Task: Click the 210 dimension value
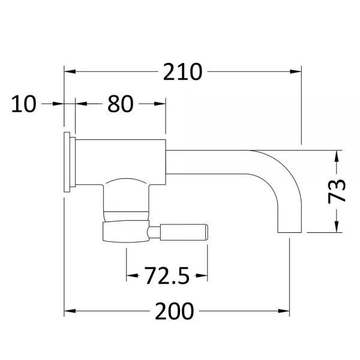pos(183,71)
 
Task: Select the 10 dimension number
pos(23,104)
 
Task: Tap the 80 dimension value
pos(121,104)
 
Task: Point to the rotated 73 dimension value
pos(337,191)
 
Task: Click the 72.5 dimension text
pos(167,275)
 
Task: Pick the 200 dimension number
pos(175,311)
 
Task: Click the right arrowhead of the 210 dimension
pos(296,71)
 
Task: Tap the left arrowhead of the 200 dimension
pos(70,311)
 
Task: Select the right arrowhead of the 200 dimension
pos(284,311)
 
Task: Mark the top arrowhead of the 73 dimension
pos(337,156)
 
